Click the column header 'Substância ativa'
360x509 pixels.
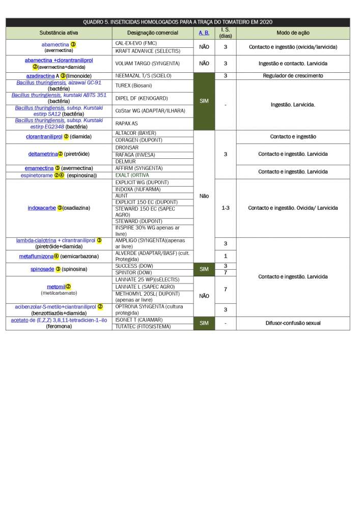(x=59, y=33)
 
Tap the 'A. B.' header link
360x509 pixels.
(x=204, y=33)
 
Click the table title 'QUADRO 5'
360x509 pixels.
(x=178, y=22)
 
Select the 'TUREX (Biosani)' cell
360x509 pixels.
(x=133, y=86)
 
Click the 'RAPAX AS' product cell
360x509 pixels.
(x=127, y=123)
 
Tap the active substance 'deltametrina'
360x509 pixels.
(x=43, y=154)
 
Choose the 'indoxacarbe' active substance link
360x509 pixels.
(x=42, y=208)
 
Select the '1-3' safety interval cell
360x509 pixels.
(x=225, y=208)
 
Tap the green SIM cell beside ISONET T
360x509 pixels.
(x=204, y=323)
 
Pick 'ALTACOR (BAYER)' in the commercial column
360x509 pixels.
(x=135, y=133)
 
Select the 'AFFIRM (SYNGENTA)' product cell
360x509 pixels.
(x=139, y=168)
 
